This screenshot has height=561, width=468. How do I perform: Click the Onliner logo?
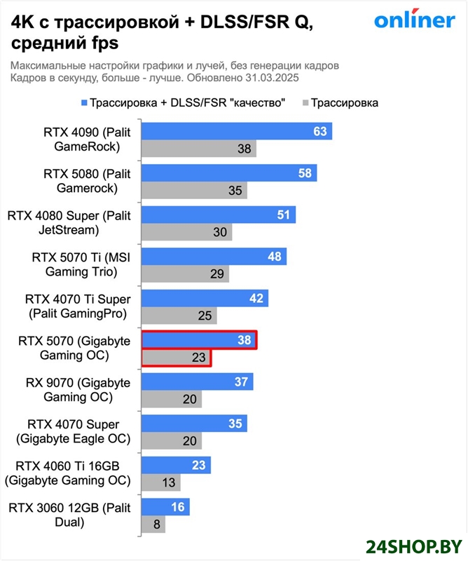(413, 20)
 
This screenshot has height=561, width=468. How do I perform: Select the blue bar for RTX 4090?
(236, 131)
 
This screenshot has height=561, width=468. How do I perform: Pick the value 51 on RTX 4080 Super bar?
(283, 215)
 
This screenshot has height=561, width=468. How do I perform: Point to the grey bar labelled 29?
(185, 273)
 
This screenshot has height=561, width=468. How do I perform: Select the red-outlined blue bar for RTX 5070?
(199, 340)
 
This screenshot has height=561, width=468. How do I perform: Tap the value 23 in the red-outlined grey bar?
(198, 358)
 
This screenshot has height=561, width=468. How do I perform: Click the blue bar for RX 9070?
(197, 381)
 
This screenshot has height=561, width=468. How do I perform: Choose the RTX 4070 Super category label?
(73, 432)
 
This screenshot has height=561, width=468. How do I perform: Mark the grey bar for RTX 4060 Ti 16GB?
(161, 482)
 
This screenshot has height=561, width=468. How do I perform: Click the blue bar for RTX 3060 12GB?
(165, 507)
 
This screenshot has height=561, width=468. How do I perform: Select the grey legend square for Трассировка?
(304, 103)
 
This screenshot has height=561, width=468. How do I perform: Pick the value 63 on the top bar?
(320, 131)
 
